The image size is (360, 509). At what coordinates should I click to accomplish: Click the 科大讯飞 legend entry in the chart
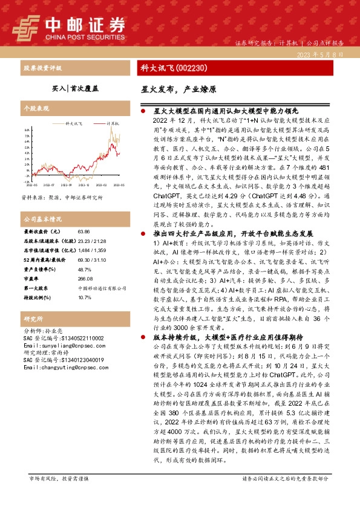73,123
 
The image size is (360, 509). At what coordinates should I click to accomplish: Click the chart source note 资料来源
62,198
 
